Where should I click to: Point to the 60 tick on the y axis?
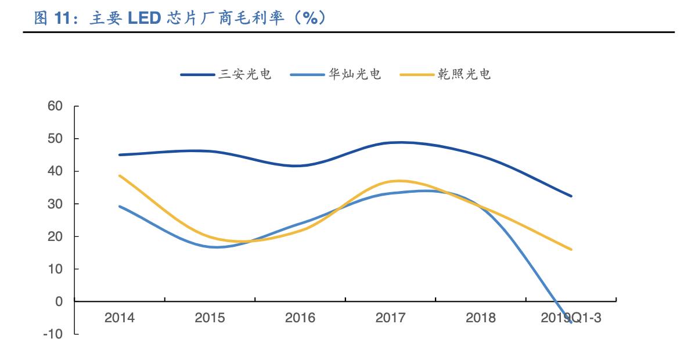pos(55,106)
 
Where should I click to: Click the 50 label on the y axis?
pos(55,139)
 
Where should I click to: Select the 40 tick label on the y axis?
pos(55,171)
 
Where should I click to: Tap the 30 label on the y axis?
pos(55,204)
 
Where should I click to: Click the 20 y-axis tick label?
pos(55,236)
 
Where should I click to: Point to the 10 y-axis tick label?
pos(55,269)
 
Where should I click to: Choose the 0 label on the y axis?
pos(59,301)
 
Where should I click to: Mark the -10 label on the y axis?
pos(53,334)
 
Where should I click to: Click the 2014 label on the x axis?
pos(120,318)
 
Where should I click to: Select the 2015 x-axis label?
pos(210,318)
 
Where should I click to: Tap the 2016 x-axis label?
pos(300,318)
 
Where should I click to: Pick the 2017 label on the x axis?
pos(390,318)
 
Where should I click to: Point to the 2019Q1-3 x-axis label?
pos(571,318)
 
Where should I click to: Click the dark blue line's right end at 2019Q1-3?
pos(571,196)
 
